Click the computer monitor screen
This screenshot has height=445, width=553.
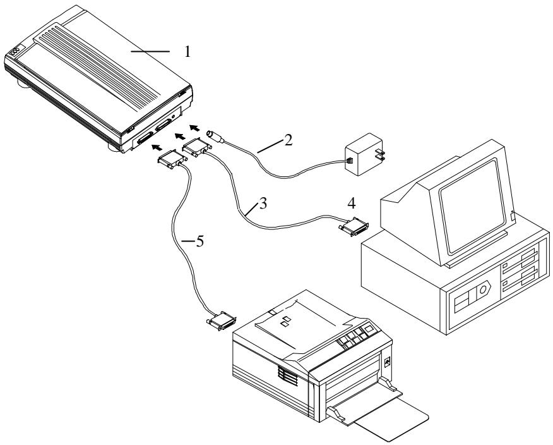(x=467, y=202)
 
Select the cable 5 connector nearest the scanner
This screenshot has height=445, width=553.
(x=170, y=160)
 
